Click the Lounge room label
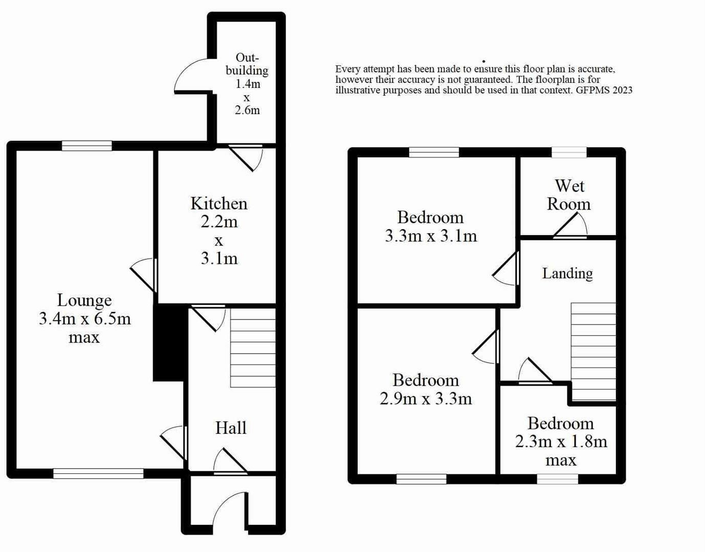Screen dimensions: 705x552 [x=84, y=300]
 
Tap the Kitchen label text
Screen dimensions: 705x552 [x=219, y=203]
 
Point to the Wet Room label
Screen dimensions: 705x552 [x=569, y=195]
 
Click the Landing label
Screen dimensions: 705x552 [x=567, y=273]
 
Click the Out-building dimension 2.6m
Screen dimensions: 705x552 [x=247, y=110]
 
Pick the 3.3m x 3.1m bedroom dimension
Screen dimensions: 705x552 [x=431, y=236]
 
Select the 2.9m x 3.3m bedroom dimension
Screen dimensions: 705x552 [x=426, y=398]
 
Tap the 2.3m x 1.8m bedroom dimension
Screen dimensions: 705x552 [x=561, y=441]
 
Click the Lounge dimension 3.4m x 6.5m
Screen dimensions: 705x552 [x=85, y=318]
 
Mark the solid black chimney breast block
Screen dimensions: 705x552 [x=170, y=342]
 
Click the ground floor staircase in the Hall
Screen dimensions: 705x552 [x=253, y=348]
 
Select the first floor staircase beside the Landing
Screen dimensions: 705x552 [x=593, y=352]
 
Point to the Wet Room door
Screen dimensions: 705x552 [x=570, y=225]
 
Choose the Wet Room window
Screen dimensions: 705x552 [x=569, y=152]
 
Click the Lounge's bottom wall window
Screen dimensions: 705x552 [x=98, y=474]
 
